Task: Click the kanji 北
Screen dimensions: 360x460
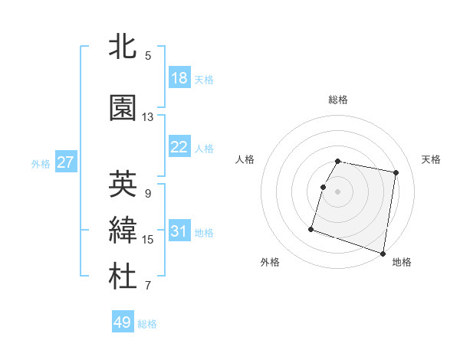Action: (x=123, y=47)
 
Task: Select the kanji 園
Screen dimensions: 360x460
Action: (x=123, y=108)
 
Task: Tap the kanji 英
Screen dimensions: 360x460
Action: (x=123, y=184)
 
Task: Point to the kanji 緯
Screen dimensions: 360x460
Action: (x=123, y=231)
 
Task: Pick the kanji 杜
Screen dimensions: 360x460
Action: (x=123, y=277)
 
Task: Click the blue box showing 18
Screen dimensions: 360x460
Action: (x=179, y=78)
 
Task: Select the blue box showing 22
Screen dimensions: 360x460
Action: (x=179, y=147)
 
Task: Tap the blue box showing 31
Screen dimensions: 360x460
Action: (x=179, y=232)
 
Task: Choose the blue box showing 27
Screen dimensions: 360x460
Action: (x=66, y=162)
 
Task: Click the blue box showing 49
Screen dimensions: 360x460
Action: (x=123, y=322)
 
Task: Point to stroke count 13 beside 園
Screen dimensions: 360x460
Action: (x=148, y=117)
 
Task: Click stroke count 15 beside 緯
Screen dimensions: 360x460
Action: (x=148, y=240)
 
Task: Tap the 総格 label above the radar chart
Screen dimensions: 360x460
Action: (x=338, y=100)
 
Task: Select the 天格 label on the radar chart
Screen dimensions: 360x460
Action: (x=432, y=159)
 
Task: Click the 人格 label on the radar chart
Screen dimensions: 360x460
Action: (x=245, y=159)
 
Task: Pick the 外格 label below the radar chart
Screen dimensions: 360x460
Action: (x=270, y=262)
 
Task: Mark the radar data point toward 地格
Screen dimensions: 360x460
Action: (x=383, y=253)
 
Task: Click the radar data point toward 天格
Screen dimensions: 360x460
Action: (x=396, y=173)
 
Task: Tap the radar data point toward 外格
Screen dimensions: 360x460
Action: (x=311, y=228)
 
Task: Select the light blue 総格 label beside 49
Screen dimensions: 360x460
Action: (x=147, y=324)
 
